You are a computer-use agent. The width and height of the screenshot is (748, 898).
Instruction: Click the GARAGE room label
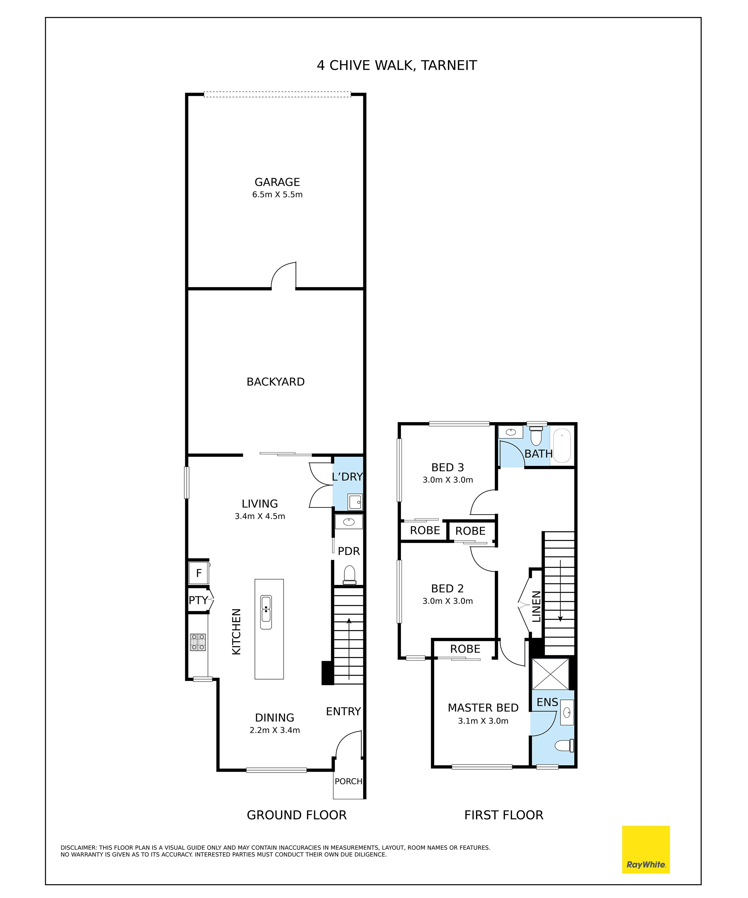point(277,182)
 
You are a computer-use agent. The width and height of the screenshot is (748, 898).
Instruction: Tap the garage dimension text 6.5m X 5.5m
point(277,195)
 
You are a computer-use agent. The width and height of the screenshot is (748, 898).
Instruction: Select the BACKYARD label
point(275,382)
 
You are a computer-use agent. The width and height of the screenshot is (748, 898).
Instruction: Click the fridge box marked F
point(199,573)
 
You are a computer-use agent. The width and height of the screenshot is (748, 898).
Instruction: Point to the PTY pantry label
point(198,600)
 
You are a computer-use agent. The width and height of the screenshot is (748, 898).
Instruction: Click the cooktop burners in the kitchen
point(198,642)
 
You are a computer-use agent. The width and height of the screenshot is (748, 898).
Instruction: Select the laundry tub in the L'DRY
point(355,502)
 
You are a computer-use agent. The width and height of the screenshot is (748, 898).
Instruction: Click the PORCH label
point(348,781)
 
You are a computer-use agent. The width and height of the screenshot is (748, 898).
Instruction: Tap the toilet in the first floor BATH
point(536,435)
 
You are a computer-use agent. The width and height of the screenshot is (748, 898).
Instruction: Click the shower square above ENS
point(551,674)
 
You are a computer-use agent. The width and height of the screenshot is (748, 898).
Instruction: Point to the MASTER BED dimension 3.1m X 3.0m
point(483,733)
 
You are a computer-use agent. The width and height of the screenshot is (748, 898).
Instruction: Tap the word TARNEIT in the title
point(449,66)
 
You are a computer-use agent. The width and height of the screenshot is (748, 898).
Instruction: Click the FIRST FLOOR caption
point(504,815)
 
